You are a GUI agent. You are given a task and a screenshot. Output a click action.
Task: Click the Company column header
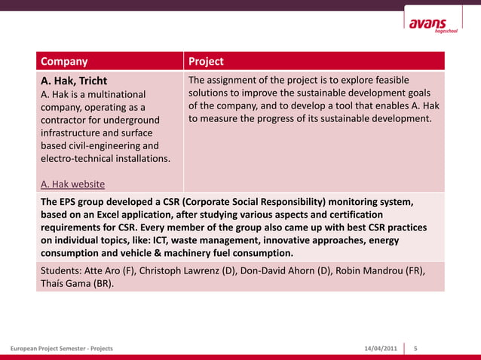pos(64,61)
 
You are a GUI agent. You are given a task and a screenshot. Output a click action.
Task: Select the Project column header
pos(206,61)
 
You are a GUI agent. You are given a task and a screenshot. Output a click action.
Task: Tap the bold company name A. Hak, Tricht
pos(74,81)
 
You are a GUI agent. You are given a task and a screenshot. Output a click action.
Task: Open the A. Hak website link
pos(72,184)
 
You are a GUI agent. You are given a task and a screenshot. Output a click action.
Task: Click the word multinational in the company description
pos(112,94)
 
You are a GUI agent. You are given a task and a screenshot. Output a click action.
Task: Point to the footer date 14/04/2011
pos(381,349)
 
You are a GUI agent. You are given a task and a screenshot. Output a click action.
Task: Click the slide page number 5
pos(416,349)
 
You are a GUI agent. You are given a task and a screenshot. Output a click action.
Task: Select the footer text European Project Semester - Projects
pos(61,349)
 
